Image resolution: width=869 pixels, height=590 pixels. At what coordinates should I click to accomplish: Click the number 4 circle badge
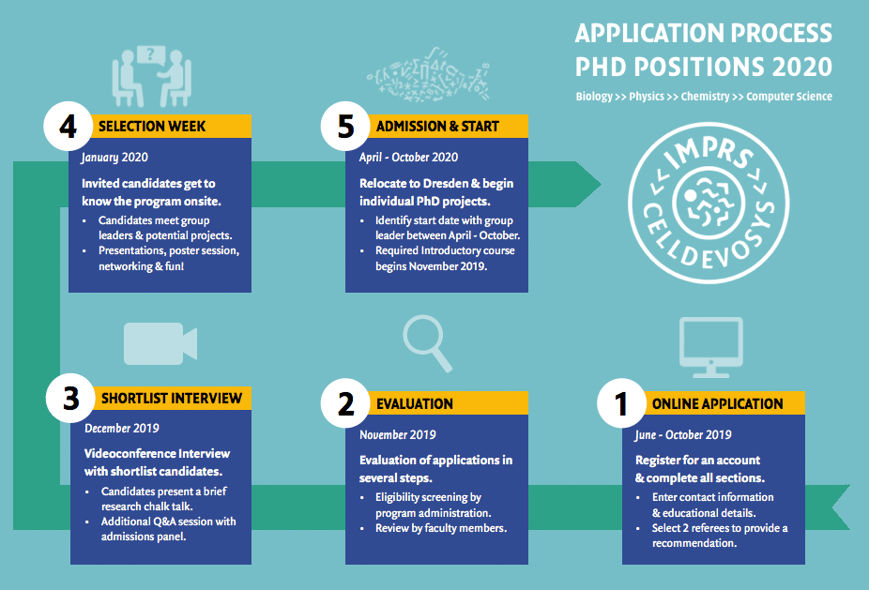point(68,126)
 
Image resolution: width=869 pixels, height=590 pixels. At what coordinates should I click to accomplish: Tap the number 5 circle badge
point(345,126)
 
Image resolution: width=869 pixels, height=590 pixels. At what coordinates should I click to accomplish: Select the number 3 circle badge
point(70,398)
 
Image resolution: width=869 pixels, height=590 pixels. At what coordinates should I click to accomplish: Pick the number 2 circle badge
point(345,403)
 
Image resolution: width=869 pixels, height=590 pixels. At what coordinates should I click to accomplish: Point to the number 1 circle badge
point(621,403)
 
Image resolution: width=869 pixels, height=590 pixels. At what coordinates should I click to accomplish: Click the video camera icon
point(160,343)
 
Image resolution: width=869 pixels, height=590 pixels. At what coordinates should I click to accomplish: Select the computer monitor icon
point(711,347)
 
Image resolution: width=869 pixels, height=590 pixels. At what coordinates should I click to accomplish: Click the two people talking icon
point(152,77)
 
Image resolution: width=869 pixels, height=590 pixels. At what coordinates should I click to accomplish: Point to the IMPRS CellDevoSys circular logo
point(709,203)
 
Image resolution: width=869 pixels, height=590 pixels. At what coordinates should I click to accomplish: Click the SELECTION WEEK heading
point(152,127)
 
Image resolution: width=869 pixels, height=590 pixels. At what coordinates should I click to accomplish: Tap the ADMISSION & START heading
point(438,127)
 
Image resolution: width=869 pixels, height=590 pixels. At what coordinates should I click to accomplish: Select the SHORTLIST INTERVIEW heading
point(172,399)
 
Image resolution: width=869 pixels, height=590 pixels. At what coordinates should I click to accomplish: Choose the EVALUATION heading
point(415,404)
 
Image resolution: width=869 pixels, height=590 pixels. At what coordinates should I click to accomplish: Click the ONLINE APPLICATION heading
point(717,404)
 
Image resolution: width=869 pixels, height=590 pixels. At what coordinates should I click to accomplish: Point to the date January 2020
point(114,158)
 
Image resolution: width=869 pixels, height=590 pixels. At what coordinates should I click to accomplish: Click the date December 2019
point(122,429)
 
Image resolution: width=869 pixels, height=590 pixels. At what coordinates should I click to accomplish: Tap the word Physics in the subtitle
point(647,97)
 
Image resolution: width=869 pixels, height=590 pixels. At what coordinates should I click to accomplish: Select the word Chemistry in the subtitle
point(705,97)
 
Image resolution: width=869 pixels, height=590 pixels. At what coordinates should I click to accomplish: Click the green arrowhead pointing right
point(588,185)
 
